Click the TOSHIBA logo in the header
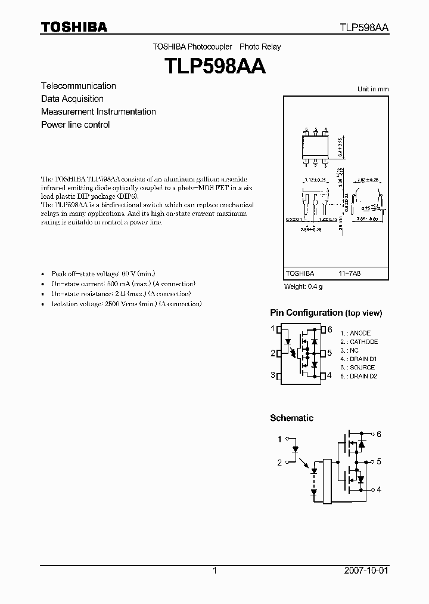point(73,27)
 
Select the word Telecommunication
point(78,86)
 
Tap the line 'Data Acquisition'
point(72,99)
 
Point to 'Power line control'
point(75,125)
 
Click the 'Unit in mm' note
point(372,89)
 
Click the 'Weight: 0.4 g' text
point(303,286)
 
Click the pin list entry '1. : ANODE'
point(355,333)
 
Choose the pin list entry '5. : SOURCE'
point(357,368)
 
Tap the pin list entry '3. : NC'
point(349,350)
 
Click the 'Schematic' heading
point(291,418)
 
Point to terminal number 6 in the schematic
point(378,434)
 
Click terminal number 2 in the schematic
point(279,463)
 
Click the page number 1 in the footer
point(214,571)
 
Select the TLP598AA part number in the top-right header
point(365,27)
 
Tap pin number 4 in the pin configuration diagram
point(329,375)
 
